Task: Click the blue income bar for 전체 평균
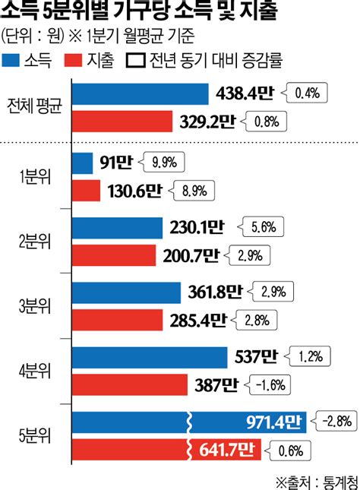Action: tap(141, 93)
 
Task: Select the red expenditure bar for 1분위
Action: tap(87, 190)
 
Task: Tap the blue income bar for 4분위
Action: tap(150, 357)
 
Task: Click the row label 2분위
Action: tap(35, 242)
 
